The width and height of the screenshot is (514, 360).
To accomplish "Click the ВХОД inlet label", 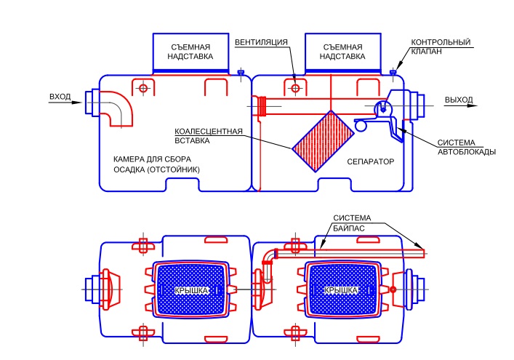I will (60, 97).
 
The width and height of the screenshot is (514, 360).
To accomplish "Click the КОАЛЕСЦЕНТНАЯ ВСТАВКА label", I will (207, 137).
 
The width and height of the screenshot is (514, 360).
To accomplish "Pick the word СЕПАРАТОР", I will (369, 161).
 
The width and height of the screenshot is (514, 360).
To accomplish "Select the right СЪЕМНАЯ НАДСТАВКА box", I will (341, 51).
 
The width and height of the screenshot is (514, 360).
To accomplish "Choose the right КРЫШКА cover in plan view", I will (342, 289).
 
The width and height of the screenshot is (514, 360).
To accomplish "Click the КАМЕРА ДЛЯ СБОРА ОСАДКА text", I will (156, 164).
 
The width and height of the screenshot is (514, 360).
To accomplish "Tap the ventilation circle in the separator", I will (295, 88).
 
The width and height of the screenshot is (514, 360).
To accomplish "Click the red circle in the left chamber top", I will (143, 88).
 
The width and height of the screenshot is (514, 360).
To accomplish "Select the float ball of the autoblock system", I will (361, 126).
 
